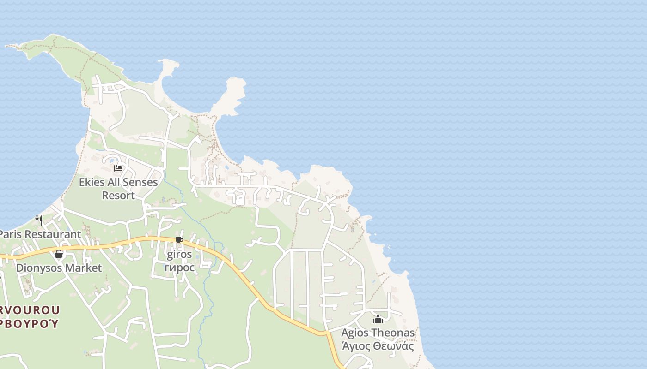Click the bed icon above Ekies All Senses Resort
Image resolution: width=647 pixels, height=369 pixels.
(118, 168)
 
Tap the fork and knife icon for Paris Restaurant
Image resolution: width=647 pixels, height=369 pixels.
(39, 220)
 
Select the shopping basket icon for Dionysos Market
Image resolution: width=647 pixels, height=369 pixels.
(59, 254)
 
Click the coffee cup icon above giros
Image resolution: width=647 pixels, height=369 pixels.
(179, 241)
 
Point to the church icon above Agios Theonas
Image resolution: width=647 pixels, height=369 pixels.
(378, 319)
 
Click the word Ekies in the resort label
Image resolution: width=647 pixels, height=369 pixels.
(92, 182)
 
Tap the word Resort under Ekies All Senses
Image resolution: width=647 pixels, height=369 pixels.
(118, 196)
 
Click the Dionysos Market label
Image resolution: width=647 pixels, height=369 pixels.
(59, 268)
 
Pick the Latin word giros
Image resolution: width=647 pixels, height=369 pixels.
(179, 255)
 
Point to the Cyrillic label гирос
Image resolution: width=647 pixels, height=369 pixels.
(179, 268)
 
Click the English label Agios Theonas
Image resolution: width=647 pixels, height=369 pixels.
(378, 333)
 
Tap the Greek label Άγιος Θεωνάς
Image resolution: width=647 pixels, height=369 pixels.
(378, 346)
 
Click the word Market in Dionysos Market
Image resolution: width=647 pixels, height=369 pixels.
(83, 268)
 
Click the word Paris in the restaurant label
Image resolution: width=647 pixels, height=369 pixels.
(11, 234)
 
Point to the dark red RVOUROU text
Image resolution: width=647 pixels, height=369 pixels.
(30, 309)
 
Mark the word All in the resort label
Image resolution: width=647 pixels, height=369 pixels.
(113, 182)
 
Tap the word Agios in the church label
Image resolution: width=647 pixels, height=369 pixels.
(355, 333)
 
